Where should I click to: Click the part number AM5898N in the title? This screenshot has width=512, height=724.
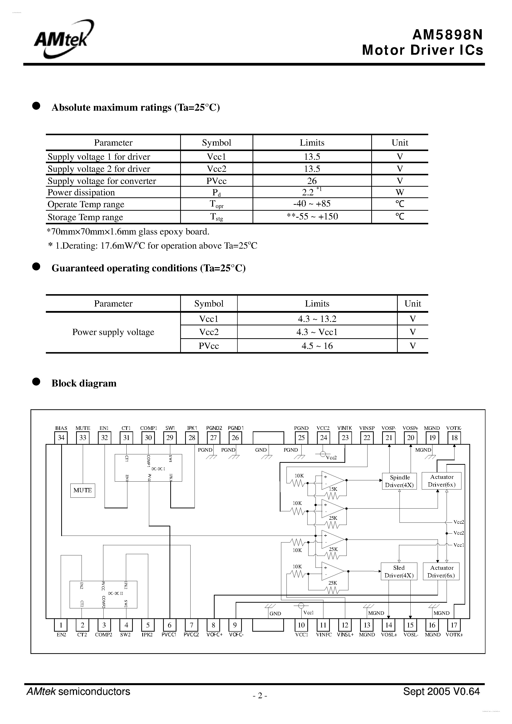tap(447, 35)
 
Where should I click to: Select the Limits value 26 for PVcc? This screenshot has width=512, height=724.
tap(312, 181)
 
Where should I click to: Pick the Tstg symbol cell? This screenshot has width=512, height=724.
tap(217, 217)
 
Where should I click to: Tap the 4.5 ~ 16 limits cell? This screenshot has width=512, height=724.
tap(317, 346)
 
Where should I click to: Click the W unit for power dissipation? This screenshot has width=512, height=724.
tap(400, 192)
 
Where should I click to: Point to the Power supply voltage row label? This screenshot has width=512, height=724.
tap(113, 332)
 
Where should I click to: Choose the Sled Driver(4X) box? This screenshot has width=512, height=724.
tap(399, 571)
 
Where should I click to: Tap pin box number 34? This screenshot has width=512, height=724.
tap(61, 438)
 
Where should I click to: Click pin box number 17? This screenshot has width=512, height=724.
tap(454, 625)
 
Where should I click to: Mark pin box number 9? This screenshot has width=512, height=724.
tap(235, 625)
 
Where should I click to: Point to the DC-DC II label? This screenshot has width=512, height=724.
tap(115, 594)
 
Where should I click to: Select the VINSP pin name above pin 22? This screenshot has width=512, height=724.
tap(367, 428)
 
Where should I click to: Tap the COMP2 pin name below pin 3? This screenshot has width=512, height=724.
tap(104, 635)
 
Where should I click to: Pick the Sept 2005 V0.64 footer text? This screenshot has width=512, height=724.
tap(441, 692)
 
